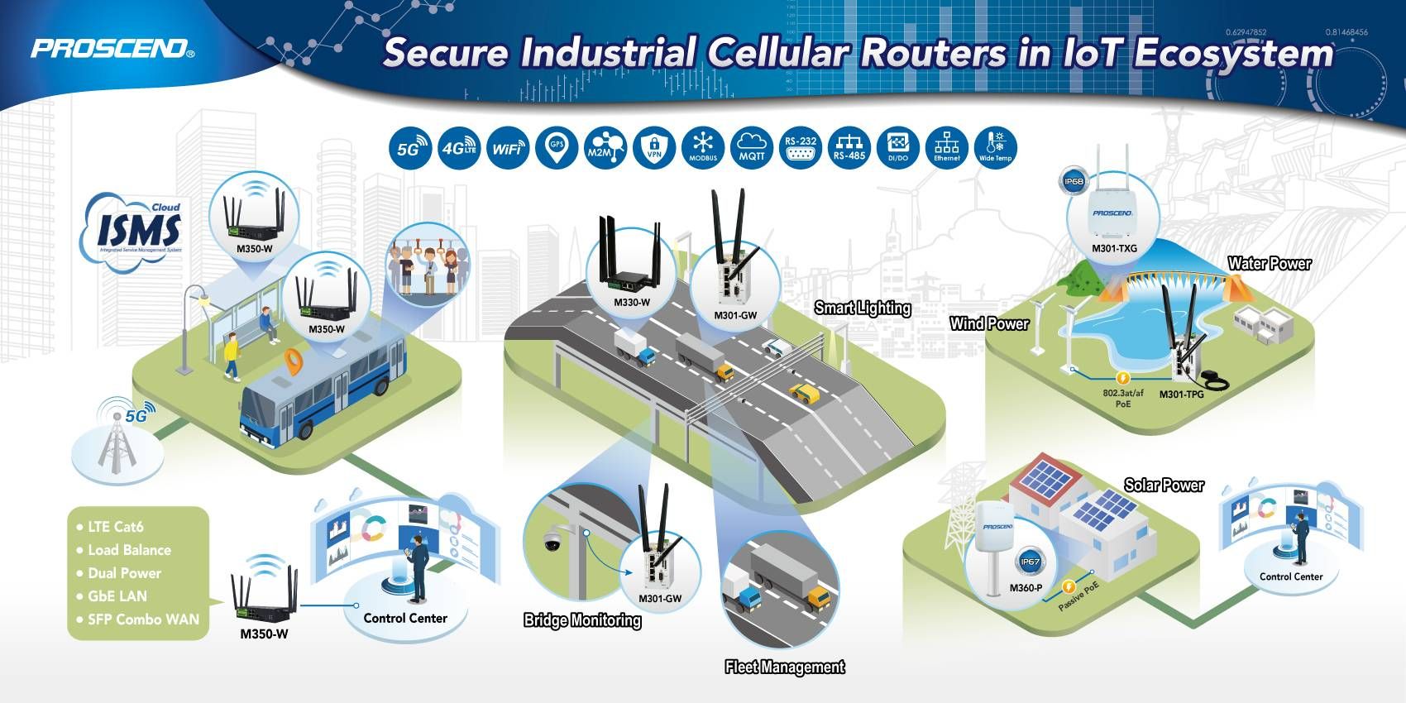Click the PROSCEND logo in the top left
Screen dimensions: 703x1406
pos(112,48)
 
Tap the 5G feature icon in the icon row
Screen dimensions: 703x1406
pos(410,148)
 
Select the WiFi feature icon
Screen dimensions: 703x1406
pos(507,148)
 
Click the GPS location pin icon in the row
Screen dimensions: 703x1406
pos(557,148)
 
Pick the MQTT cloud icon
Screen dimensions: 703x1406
pos(752,148)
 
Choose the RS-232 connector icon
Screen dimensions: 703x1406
pos(801,148)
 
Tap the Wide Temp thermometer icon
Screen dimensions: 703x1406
pos(996,148)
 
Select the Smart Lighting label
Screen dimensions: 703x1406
pos(863,308)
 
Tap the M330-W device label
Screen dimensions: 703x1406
pos(631,303)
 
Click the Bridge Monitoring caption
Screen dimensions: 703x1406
pos(582,620)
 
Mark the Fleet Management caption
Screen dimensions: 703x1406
pos(784,667)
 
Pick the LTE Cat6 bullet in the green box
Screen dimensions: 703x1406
pos(116,526)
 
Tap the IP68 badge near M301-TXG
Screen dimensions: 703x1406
pos(1074,181)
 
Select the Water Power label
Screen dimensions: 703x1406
pos(1270,264)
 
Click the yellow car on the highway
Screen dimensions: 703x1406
pos(803,391)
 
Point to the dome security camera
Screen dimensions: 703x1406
pos(552,543)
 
